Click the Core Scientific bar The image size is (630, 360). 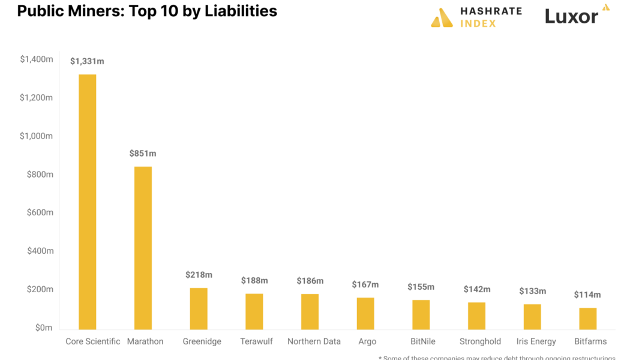click(87, 202)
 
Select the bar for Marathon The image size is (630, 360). click(143, 248)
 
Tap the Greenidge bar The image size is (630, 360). click(199, 308)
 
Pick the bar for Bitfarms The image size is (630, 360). click(587, 319)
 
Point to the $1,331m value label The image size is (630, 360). click(87, 61)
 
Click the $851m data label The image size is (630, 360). click(143, 154)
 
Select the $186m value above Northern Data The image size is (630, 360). click(310, 281)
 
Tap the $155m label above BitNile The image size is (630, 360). click(421, 287)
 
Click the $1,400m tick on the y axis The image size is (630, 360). click(37, 59)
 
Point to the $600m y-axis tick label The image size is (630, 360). click(40, 212)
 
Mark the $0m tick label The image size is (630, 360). click(44, 328)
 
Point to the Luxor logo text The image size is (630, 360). click(571, 16)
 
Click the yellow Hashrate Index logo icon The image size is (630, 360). click(442, 18)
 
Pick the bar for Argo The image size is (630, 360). click(365, 313)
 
